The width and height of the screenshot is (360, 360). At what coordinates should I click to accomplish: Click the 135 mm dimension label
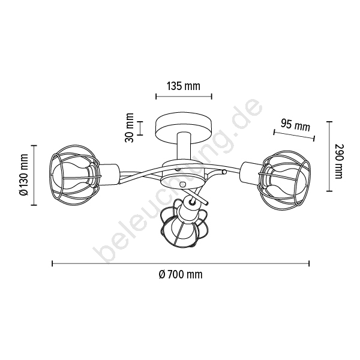[183, 86]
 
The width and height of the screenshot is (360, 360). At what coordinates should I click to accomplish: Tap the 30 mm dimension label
[129, 128]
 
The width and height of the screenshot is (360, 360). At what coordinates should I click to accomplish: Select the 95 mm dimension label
[295, 125]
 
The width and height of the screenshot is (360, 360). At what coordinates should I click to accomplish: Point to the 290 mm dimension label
[338, 161]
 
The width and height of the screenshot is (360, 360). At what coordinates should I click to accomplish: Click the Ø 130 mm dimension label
[23, 175]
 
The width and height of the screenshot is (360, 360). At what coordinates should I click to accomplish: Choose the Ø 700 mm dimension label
[181, 275]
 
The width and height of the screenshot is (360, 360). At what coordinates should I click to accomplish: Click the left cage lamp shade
[75, 175]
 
